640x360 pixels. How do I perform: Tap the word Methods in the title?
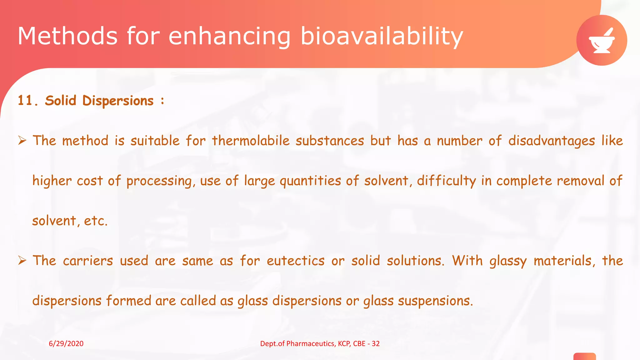point(67,36)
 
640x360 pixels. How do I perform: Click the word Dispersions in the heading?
point(118,101)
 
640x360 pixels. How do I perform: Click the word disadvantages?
point(551,141)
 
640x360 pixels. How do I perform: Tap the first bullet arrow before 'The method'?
point(22,141)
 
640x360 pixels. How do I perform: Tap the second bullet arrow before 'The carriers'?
point(22,260)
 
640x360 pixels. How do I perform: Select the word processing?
point(159,181)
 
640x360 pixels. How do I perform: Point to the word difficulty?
point(446,181)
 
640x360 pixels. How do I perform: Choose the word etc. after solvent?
point(96,221)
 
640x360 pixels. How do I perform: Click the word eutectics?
point(295,261)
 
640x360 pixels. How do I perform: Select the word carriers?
point(88,261)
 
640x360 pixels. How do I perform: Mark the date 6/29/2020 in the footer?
point(66,343)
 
